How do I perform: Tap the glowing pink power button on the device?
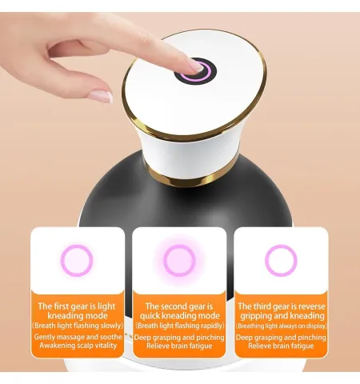point(195,71)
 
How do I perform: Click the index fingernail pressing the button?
point(196,66)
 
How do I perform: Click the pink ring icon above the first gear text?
point(77,261)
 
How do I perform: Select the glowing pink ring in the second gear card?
point(179,261)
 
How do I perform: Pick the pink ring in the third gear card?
point(281,261)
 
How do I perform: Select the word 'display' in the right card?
point(316,326)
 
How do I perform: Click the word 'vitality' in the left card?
point(106,346)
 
